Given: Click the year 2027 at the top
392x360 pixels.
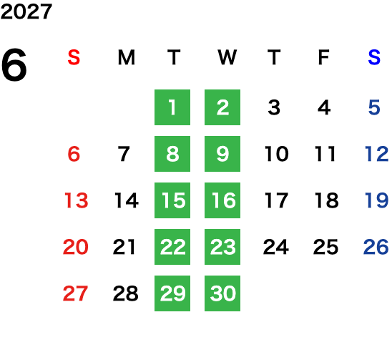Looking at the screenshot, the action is point(26,11).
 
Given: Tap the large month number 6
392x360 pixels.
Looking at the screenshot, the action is point(14,65).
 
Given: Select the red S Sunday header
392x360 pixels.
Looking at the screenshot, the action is point(74,57).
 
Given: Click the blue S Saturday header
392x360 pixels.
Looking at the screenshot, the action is point(374,57).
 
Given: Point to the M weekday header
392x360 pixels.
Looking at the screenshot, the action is point(126,57).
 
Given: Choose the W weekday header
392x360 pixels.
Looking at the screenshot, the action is point(227,57).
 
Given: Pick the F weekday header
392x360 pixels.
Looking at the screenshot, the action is point(324,57).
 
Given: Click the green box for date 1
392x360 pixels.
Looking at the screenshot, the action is point(172,107).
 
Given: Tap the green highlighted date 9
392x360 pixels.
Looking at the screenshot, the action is point(222,154).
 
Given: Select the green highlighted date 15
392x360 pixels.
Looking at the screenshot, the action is point(172,200).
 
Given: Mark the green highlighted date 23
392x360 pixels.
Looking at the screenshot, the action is point(222,247).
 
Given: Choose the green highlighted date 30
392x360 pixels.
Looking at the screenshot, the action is point(222,293).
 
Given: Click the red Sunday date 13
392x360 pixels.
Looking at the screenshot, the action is point(77,200).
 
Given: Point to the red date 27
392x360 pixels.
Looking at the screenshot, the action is point(75,293).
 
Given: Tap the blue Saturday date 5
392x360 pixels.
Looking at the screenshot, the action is point(374,107).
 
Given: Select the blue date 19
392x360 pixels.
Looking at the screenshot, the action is point(377,200).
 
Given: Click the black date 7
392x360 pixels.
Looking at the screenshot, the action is point(124,154).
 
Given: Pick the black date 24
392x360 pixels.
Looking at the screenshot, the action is point(275,247).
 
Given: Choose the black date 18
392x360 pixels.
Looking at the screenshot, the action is point(326,200).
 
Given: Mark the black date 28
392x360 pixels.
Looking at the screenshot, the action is point(125,293).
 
